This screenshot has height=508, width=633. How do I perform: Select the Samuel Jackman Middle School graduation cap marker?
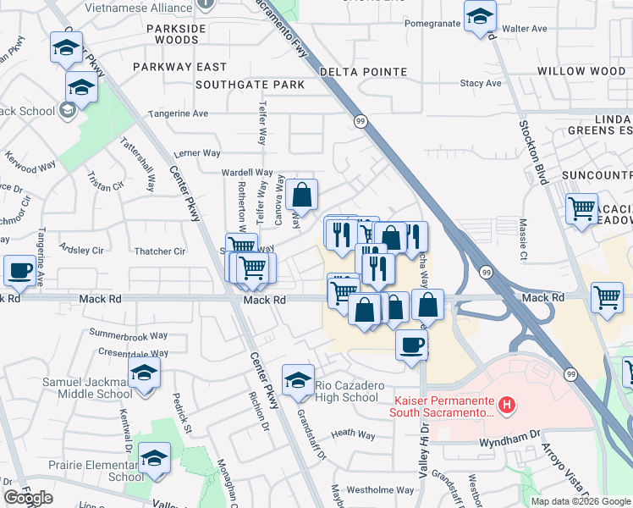145,373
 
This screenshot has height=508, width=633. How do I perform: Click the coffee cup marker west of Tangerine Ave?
19,271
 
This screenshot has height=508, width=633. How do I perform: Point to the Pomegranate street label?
432,23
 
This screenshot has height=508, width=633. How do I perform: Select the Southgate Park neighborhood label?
250,85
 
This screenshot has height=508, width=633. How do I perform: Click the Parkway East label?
179,67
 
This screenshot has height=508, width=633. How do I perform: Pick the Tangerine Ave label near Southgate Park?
178,113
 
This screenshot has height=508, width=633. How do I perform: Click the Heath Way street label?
353,433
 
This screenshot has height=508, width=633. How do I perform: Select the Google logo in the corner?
28,498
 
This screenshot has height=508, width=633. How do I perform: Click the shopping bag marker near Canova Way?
301,196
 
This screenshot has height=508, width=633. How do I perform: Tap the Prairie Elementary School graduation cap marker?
154,459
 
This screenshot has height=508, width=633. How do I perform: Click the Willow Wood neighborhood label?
581,71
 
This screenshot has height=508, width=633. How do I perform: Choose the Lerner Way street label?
196,153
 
